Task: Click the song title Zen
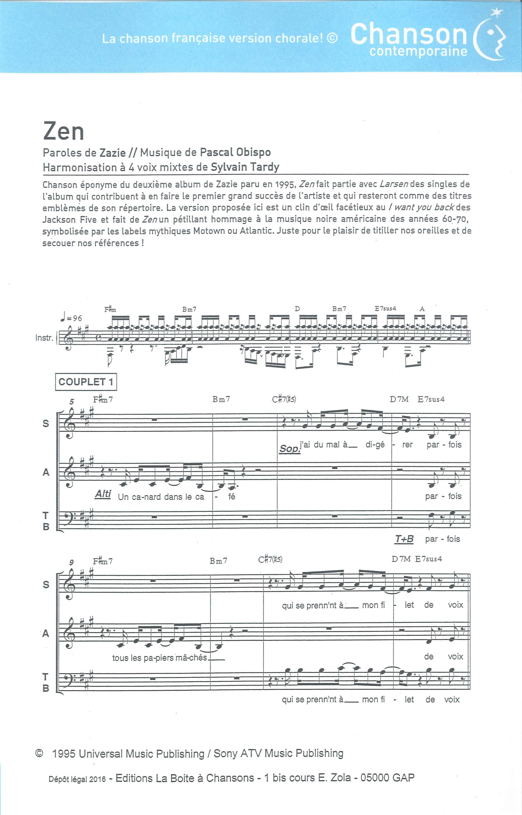[x=63, y=131]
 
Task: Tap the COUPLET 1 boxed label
[x=86, y=382]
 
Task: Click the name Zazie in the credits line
[x=113, y=153]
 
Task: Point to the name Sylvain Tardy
[x=245, y=167]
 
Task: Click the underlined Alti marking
[x=103, y=494]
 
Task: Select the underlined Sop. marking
[x=290, y=448]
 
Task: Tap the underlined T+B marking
[x=404, y=539]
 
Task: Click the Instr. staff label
[x=45, y=338]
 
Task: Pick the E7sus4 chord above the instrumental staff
[x=385, y=308]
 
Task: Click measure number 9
[x=72, y=563]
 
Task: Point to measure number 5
[x=72, y=402]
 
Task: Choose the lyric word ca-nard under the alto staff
[x=140, y=497]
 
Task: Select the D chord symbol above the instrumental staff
[x=297, y=308]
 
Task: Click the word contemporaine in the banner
[x=418, y=52]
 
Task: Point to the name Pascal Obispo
[x=235, y=153]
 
